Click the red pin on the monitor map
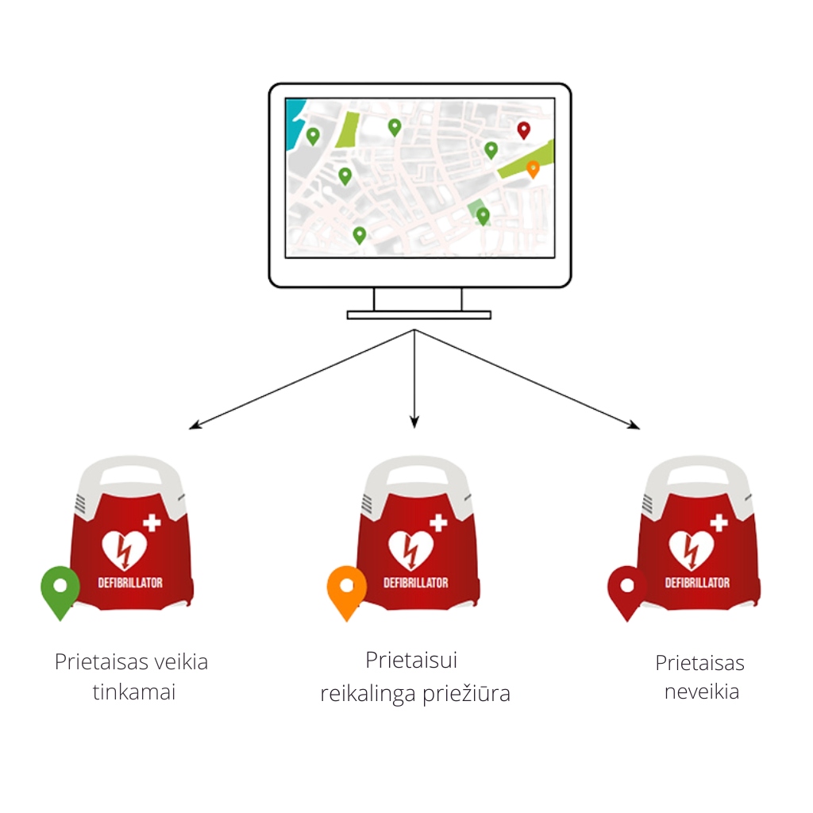click(x=523, y=129)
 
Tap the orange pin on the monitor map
click(x=533, y=168)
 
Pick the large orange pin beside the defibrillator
click(x=346, y=589)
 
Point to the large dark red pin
click(x=626, y=589)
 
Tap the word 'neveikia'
click(x=702, y=692)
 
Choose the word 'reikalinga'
click(x=367, y=694)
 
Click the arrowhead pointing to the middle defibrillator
click(x=413, y=424)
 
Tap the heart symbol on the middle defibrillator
click(x=410, y=549)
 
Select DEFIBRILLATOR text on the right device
click(x=696, y=583)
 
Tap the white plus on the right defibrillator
click(x=719, y=523)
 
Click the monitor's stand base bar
click(x=419, y=315)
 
